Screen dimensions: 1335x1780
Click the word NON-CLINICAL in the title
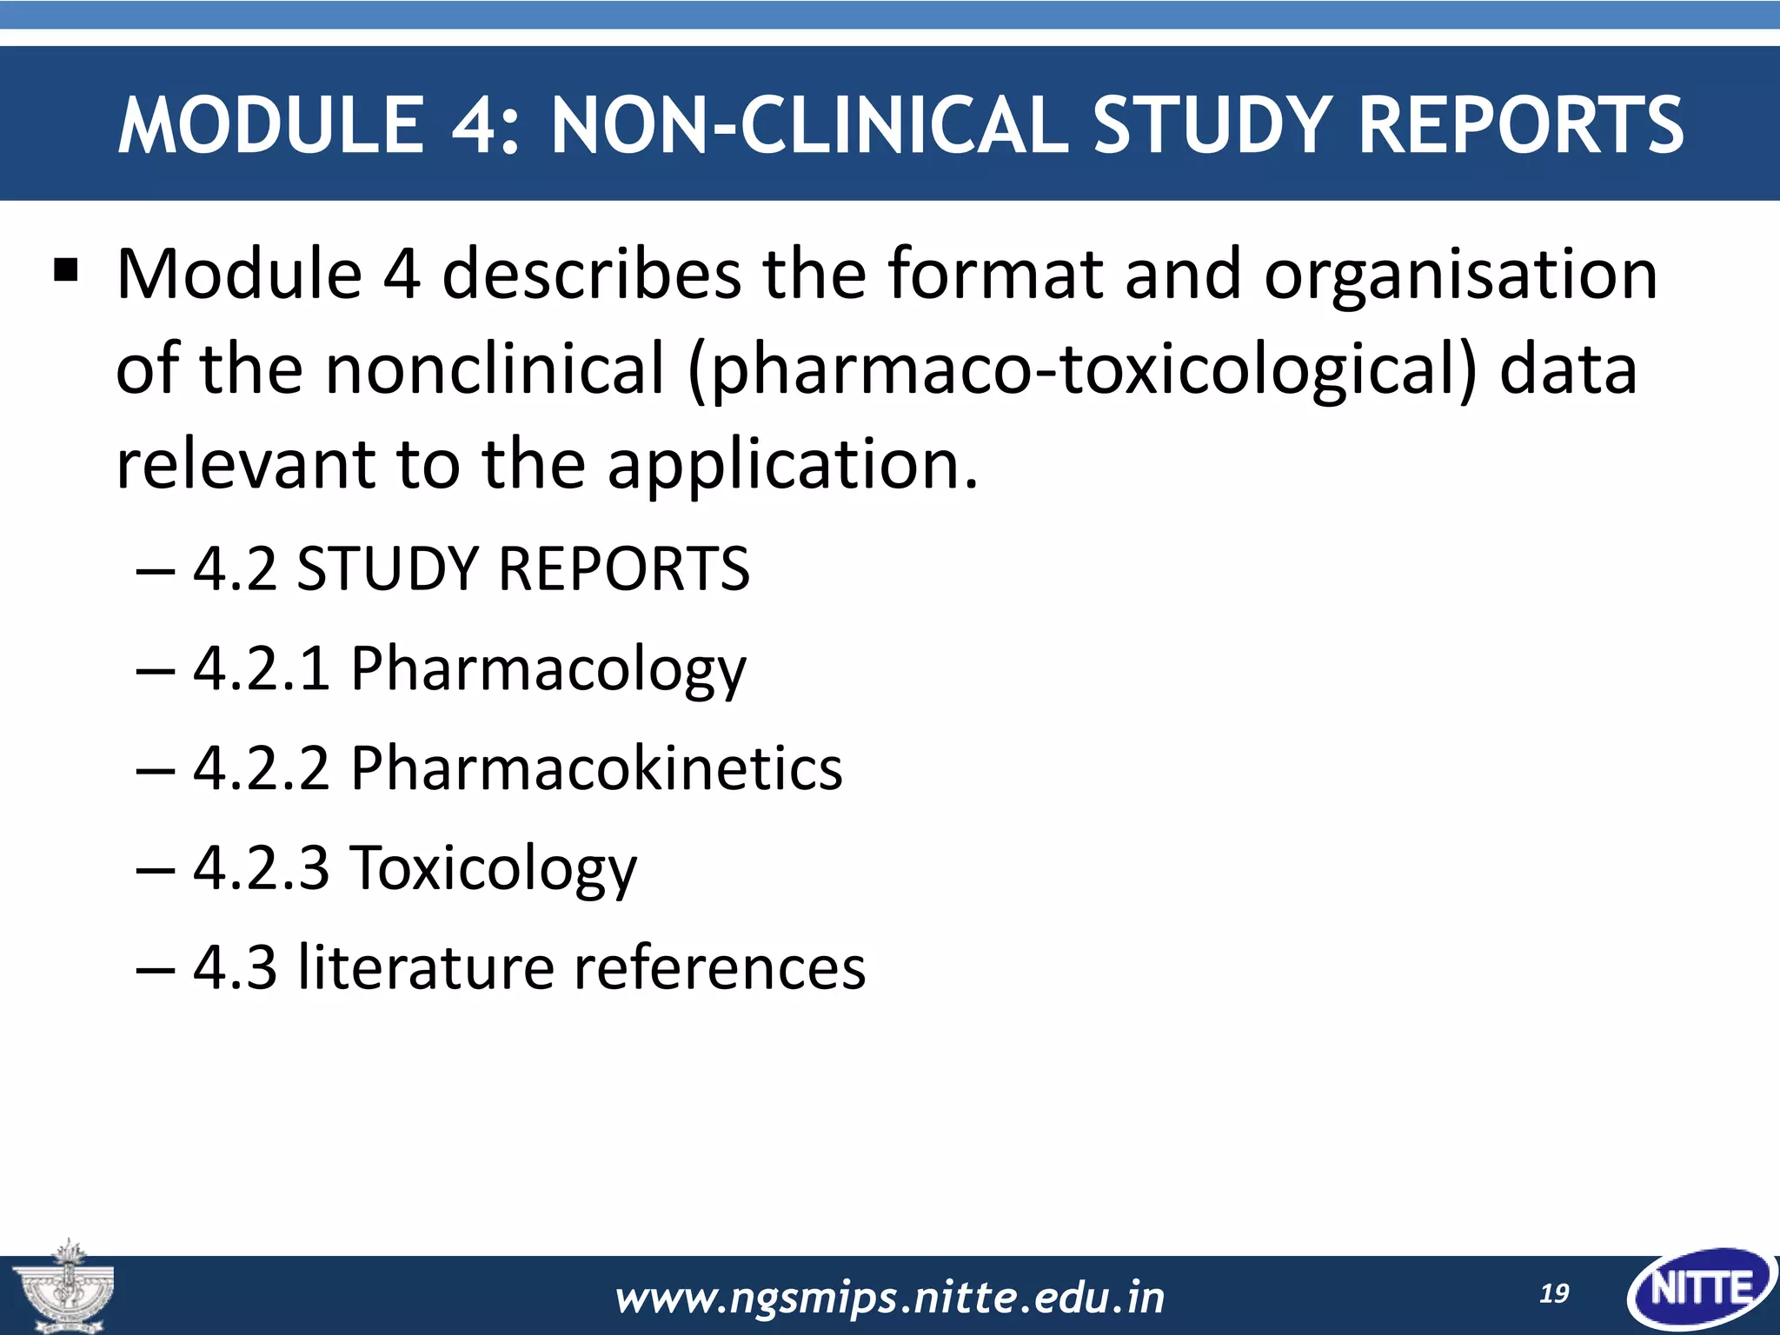pyautogui.click(x=809, y=126)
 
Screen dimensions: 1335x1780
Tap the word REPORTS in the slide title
pyautogui.click(x=1520, y=126)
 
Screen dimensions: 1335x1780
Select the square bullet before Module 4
pyautogui.click(x=66, y=271)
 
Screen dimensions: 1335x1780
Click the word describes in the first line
pyautogui.click(x=591, y=274)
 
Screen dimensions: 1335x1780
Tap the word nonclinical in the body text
pyautogui.click(x=495, y=369)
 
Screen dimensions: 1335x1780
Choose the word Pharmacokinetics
pyautogui.click(x=596, y=768)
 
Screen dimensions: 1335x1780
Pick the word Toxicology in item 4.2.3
pyautogui.click(x=493, y=869)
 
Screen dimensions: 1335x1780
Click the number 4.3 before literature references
pyautogui.click(x=235, y=967)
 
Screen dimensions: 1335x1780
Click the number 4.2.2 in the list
pyautogui.click(x=262, y=768)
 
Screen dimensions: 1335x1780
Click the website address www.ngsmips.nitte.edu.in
pyautogui.click(x=889, y=1298)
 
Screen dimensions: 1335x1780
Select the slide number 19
pyautogui.click(x=1554, y=1294)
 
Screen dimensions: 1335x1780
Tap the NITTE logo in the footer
pyautogui.click(x=1701, y=1288)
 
